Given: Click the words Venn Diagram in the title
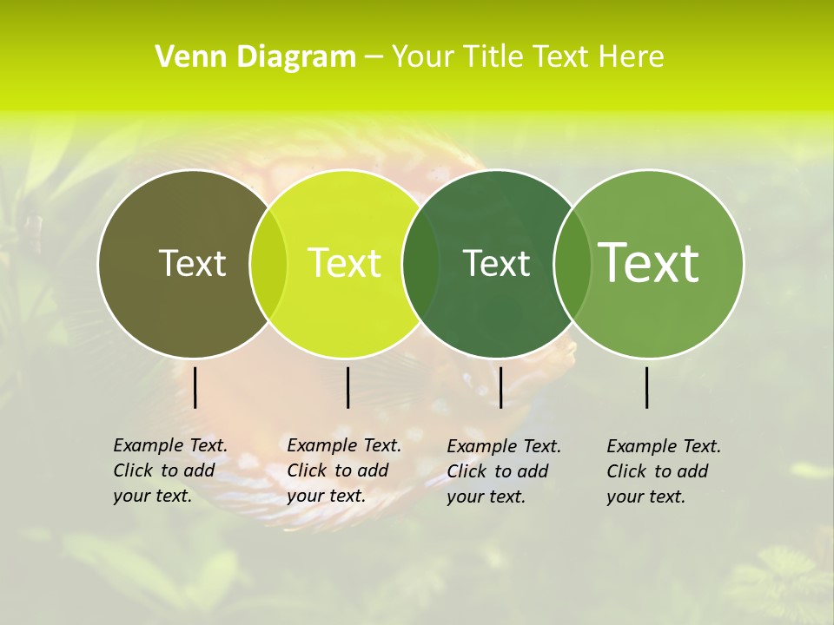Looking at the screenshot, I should [255, 57].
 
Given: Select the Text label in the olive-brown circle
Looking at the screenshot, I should [192, 263].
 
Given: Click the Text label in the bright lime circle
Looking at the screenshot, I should [344, 263].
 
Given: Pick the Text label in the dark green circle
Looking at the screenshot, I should [496, 263].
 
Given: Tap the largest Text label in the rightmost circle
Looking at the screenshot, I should [649, 262].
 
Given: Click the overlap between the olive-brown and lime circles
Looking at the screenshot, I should [268, 263].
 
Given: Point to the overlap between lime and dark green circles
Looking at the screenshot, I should [420, 263].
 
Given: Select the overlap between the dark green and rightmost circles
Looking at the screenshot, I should [572, 263].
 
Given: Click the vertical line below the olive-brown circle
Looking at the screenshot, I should [195, 387].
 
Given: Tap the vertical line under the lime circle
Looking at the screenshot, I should [347, 387].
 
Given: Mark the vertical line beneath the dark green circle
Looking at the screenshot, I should [501, 387].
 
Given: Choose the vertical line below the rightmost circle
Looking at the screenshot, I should [647, 387].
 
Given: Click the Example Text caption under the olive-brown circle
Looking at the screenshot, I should [169, 470].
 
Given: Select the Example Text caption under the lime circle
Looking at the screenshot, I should [343, 470].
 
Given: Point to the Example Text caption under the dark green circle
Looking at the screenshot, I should [503, 471].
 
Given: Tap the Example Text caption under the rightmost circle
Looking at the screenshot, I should [663, 471].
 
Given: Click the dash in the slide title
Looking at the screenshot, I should [374, 57].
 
